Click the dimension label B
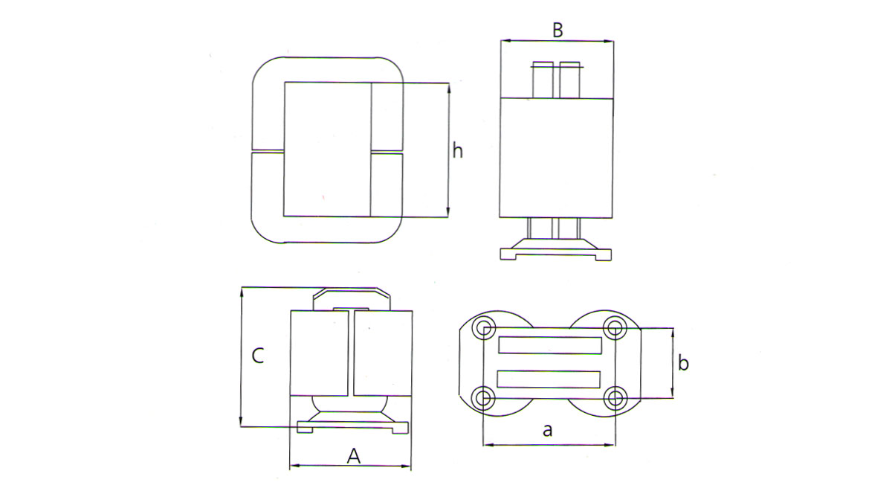coord(557,31)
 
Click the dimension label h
coord(458,151)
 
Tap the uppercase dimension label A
coord(354,455)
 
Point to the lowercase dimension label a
coord(549,430)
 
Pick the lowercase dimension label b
coord(684,364)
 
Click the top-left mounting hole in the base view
coord(485,327)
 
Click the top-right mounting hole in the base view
coord(614,327)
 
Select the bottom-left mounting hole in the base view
coord(485,398)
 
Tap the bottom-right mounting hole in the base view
coord(614,398)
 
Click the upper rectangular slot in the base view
coord(549,345)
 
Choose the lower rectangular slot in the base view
coord(549,379)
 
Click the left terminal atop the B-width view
coord(543,80)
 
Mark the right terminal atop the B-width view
coord(570,80)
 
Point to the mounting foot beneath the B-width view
coord(557,250)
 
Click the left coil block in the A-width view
coord(319,353)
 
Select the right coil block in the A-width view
coord(383,353)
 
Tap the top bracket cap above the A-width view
coord(352,296)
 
